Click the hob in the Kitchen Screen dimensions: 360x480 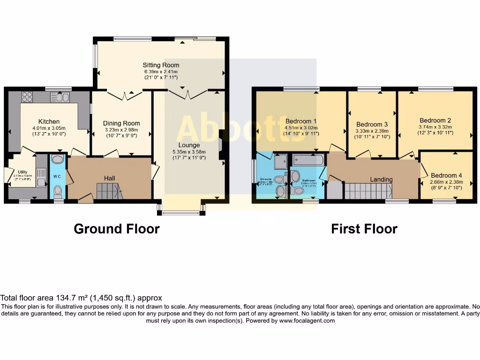27,97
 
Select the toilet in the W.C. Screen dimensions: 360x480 58,190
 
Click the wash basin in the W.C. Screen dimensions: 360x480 58,159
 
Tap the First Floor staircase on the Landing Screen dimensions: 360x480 368,191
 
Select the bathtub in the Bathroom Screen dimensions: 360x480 307,160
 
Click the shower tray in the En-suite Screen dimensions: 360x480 281,162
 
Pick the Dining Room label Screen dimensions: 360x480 121,123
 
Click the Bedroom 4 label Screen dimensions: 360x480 446,175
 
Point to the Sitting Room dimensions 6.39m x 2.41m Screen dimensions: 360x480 161,71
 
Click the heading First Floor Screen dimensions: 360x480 364,229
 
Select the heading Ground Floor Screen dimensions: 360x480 117,229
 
